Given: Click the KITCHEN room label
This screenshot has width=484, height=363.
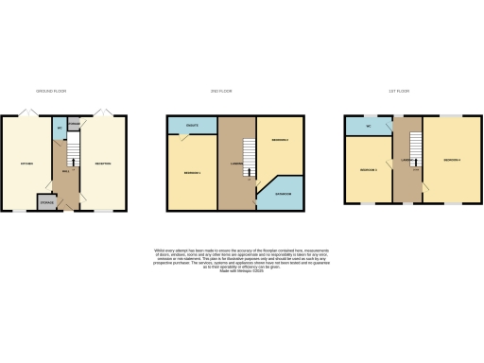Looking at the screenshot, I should click(27, 164).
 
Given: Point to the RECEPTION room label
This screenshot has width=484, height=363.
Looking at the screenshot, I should click(102, 164).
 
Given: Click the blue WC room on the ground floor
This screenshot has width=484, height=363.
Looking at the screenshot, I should click(60, 127).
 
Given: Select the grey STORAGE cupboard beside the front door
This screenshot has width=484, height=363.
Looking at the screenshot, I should click(45, 202).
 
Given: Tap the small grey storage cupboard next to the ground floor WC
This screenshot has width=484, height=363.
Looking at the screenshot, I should click(74, 121).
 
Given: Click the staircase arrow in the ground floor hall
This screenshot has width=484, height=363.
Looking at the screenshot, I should click(74, 156).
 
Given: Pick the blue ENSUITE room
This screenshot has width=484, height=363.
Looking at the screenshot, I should click(191, 126).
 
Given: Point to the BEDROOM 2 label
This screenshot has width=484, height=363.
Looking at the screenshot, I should click(280, 142).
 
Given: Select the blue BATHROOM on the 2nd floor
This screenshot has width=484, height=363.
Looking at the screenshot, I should click(282, 193).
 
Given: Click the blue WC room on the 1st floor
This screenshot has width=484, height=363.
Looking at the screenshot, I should click(367, 126).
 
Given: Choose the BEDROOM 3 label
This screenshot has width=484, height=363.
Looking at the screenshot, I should click(369, 170).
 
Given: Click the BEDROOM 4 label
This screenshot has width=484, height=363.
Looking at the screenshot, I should click(452, 160).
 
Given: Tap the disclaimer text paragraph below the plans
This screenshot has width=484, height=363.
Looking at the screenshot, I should click(241, 259).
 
